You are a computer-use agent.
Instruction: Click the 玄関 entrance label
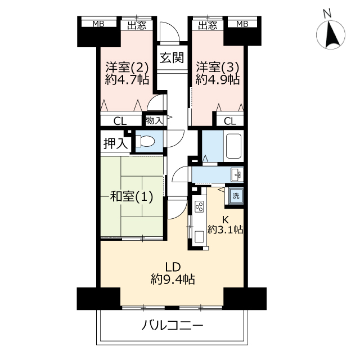pos(172,57)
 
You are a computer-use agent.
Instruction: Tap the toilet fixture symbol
pos(145,141)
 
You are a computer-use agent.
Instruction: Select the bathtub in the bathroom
pos(233,146)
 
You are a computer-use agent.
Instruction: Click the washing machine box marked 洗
pos(236,196)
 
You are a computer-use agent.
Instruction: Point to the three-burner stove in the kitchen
pos(199,206)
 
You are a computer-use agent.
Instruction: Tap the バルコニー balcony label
pos(172,326)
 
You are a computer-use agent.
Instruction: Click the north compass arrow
pos(331,34)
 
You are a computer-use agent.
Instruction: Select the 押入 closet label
pos(115,143)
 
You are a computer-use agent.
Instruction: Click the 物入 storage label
pos(154,120)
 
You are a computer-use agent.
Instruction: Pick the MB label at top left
pos(98,24)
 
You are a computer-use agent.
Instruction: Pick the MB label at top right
pos(242,24)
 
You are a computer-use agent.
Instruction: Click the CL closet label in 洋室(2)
pos(120,121)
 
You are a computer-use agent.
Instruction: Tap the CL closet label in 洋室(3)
pos(230,121)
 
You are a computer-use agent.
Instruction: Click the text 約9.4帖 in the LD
pos(173,280)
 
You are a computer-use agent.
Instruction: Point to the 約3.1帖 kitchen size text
pos(225,229)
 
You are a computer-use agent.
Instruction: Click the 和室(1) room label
pos(132,196)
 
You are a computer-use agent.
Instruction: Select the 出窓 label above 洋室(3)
pos(208,25)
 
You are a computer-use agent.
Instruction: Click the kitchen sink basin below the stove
pos(199,237)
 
